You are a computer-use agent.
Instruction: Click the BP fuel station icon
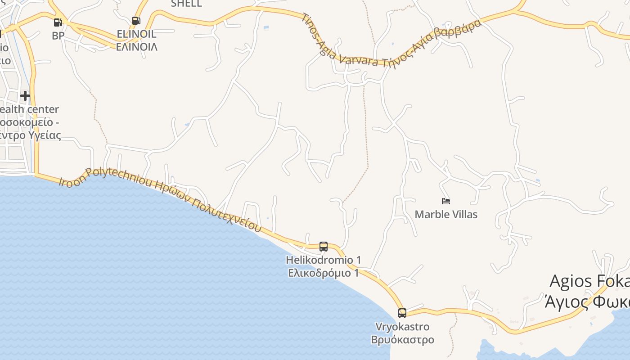[58, 22]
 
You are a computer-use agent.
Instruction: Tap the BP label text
[58, 36]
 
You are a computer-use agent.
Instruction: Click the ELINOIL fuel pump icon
[136, 20]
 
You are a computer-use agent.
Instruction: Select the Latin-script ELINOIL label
[136, 34]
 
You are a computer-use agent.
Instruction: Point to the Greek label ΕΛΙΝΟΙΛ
[136, 46]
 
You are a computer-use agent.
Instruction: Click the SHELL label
[186, 4]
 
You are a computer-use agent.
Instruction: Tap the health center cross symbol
[25, 95]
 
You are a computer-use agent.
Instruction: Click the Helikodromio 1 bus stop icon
[323, 246]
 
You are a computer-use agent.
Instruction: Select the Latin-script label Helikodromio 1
[323, 260]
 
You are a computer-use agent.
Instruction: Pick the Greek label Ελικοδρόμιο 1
[323, 273]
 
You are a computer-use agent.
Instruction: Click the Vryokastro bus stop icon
[402, 313]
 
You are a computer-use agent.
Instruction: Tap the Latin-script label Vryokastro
[402, 327]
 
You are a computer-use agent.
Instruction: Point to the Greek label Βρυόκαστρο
[402, 339]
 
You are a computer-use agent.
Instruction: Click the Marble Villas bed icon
[445, 201]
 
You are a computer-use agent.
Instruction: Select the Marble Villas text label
[445, 214]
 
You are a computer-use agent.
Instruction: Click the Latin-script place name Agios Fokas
[589, 281]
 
